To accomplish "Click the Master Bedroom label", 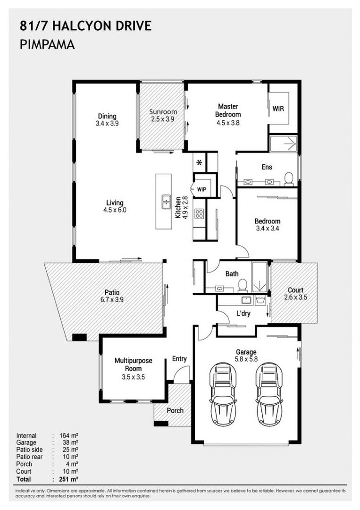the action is pos(228,110).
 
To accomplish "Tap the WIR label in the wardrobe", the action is pos(278,109).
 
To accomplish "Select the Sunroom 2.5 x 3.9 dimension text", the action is pos(162,119).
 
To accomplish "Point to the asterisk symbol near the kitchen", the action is pos(200,162).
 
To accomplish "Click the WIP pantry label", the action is pos(202,190).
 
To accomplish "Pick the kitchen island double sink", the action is pos(167,202).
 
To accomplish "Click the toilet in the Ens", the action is pos(289,179).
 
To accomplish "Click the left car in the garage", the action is pos(223,394).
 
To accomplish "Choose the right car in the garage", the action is pos(269,394).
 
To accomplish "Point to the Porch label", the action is pos(175,410).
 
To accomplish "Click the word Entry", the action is pos(179,359).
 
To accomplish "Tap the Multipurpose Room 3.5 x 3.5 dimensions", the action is pos(133,377).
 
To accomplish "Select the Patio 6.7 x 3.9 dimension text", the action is pos(112,299).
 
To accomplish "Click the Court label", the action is pos(295,289).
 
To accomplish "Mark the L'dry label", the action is pos(243,314).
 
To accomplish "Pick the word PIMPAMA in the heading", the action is pos(48,44).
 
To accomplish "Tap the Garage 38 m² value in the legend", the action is pos(70,442).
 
